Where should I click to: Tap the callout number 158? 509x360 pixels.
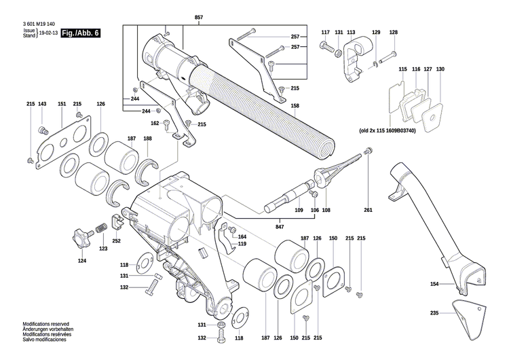295,106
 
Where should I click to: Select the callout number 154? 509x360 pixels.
434,283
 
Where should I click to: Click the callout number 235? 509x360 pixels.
434,313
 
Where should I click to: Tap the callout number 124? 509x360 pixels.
82,261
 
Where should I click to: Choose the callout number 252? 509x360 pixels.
117,241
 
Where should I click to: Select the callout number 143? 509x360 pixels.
42,104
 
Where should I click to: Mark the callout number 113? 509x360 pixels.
351,33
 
